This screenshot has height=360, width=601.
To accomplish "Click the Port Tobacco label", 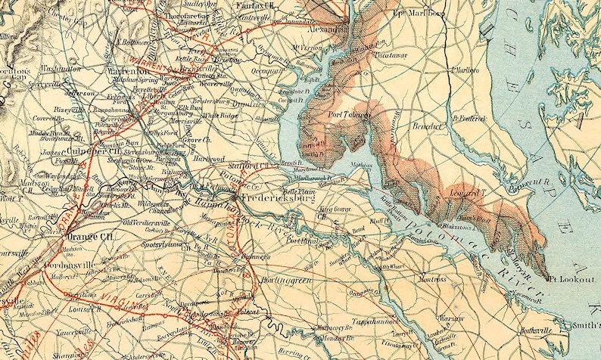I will click(349, 115).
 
